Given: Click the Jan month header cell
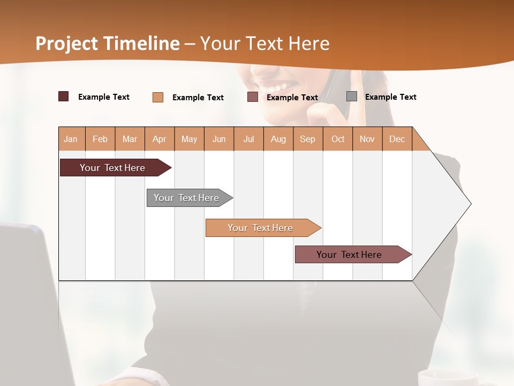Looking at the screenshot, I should click(x=71, y=139).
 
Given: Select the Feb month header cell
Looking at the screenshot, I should click(x=100, y=139).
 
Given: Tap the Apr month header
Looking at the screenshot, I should click(x=160, y=139).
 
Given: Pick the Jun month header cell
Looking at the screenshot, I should click(x=219, y=139).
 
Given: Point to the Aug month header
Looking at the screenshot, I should click(x=278, y=139).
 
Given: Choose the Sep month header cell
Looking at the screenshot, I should click(x=308, y=139).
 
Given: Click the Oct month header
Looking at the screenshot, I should click(x=338, y=139).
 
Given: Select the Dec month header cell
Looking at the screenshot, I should click(x=397, y=139).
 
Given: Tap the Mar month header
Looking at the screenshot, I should click(x=130, y=139).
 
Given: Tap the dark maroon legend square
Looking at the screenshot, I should click(x=64, y=96).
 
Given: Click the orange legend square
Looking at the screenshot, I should click(x=158, y=97).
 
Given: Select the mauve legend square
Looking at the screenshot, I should click(x=253, y=97).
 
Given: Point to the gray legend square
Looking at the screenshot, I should click(x=352, y=96).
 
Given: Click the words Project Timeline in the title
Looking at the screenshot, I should click(x=108, y=43).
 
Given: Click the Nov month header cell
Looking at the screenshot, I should click(x=367, y=139).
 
